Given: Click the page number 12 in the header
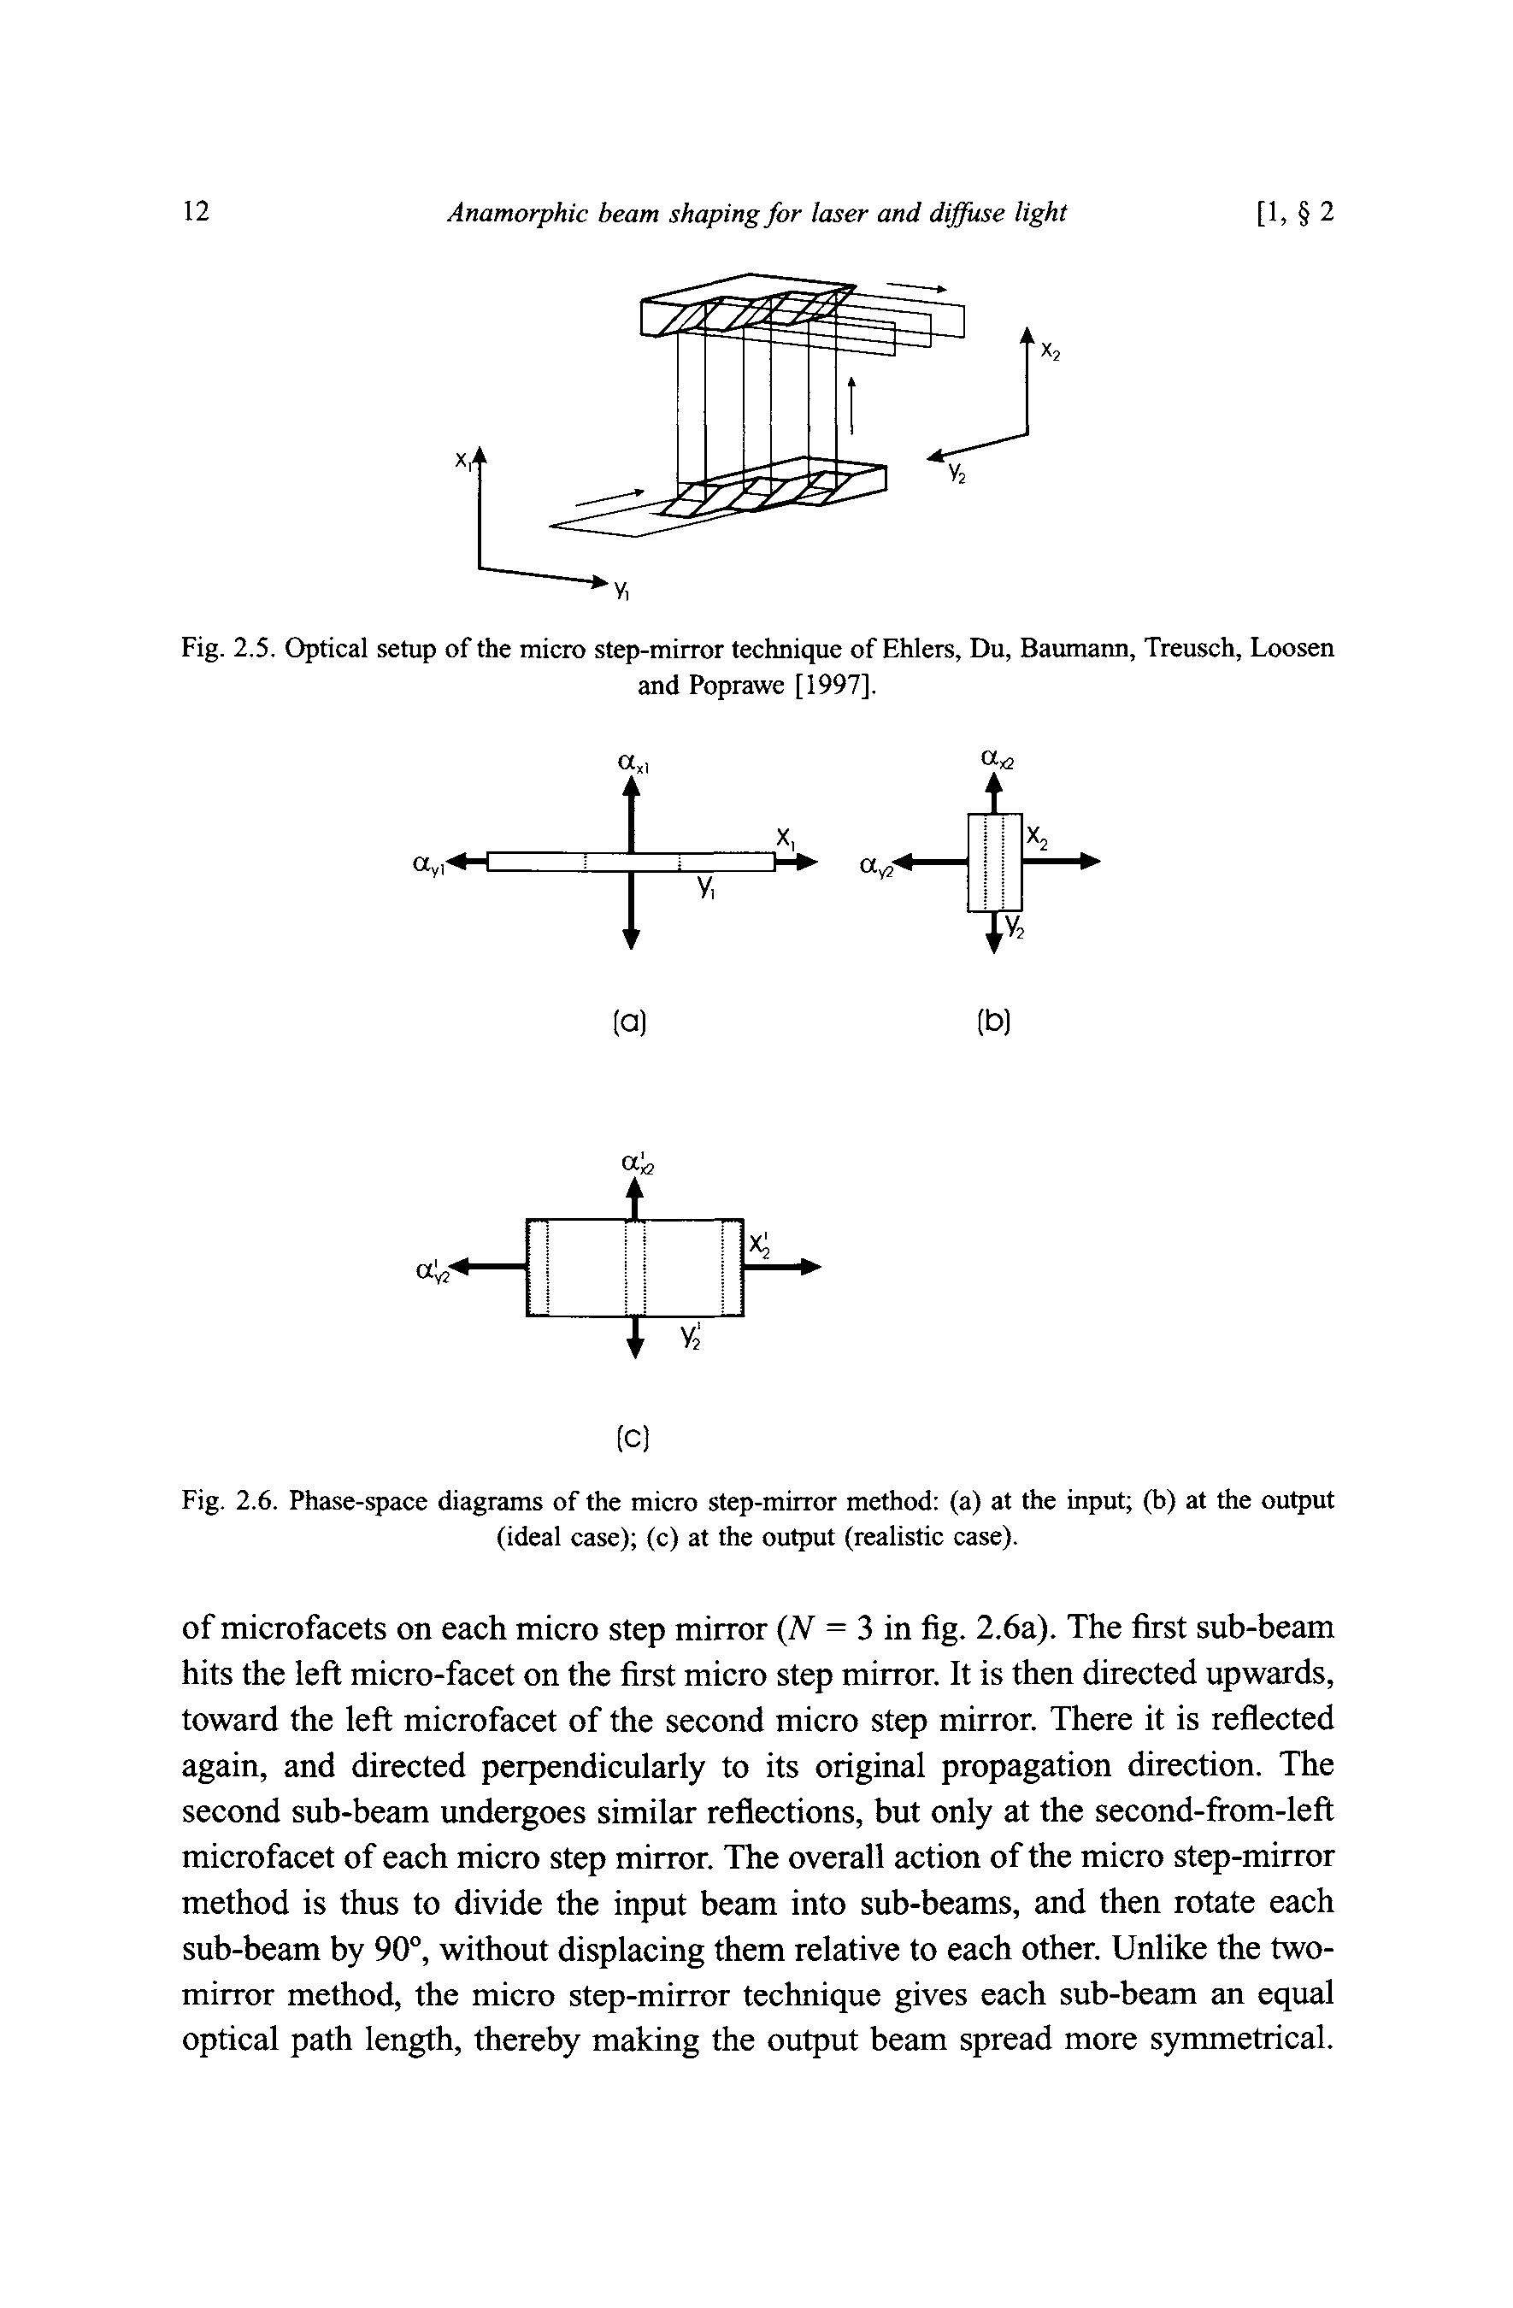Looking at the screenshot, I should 196,211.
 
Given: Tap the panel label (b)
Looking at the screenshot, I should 994,1022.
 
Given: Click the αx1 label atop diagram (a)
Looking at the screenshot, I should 633,763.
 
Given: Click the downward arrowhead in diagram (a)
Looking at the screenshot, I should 632,938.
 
